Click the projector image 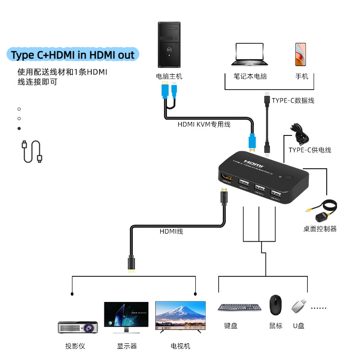[x=78, y=326]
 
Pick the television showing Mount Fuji [x=180, y=315]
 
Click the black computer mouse [x=275, y=305]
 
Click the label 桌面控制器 [x=319, y=229]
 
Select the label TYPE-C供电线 [x=310, y=150]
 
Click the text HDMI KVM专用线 [x=204, y=124]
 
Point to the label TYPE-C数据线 [x=293, y=100]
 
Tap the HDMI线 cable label [x=171, y=231]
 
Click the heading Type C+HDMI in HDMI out [x=73, y=55]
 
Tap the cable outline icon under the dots [x=31, y=152]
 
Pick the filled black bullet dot [x=19, y=129]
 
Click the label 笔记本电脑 [x=250, y=76]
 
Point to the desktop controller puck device [x=322, y=217]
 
